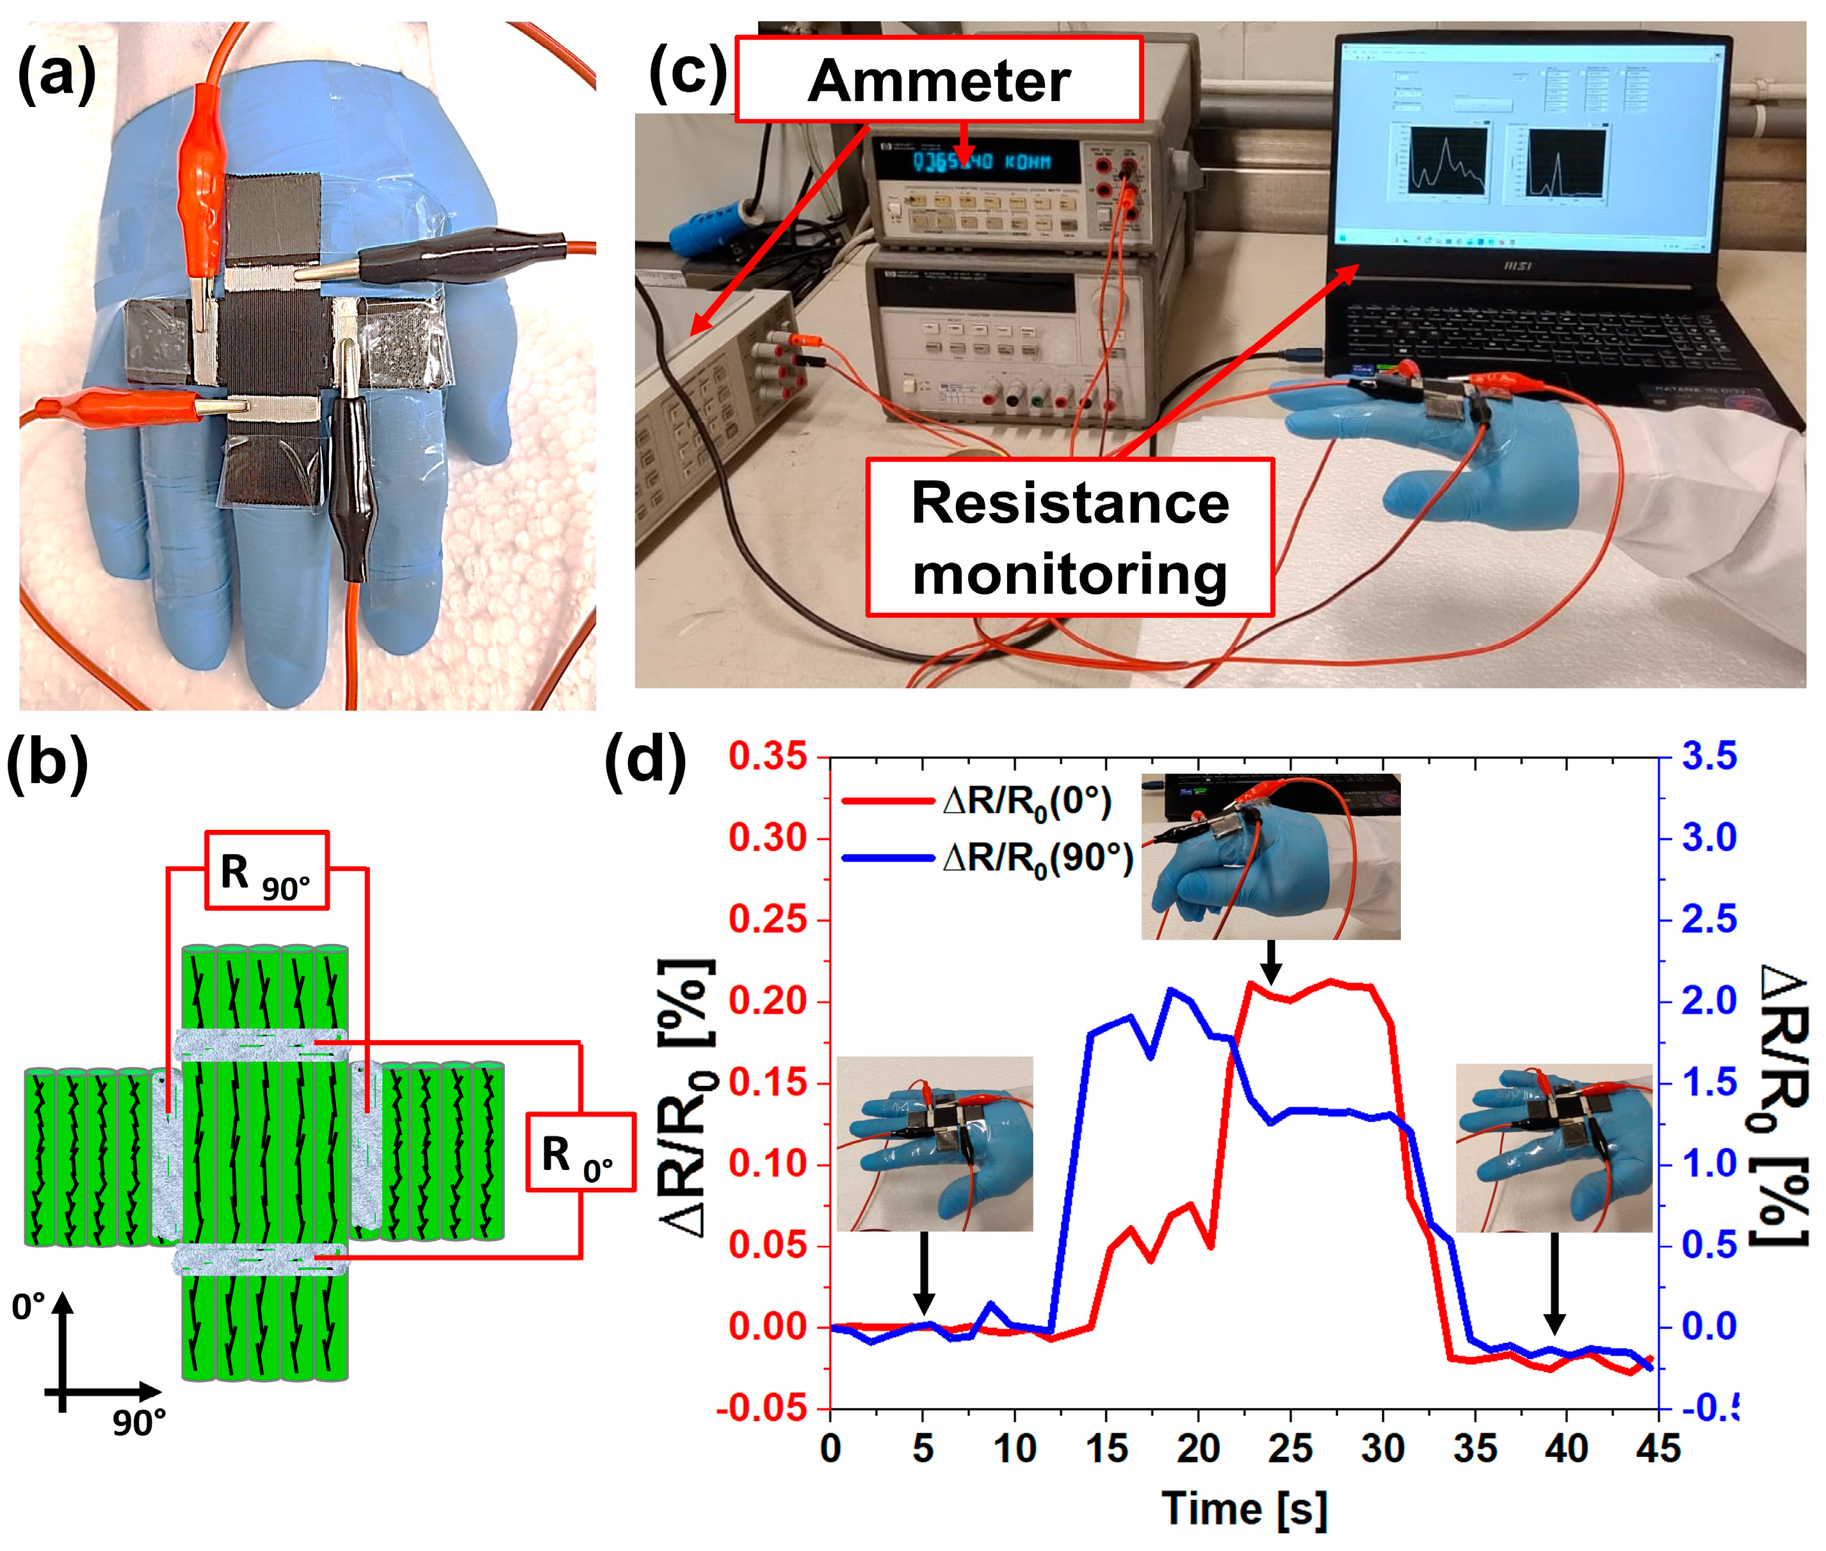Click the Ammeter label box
pyautogui.click(x=937, y=79)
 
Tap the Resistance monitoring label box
pyautogui.click(x=1069, y=537)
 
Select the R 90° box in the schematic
pyautogui.click(x=266, y=870)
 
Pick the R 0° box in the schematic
pyautogui.click(x=579, y=1153)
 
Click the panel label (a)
pyautogui.click(x=56, y=75)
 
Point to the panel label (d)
pyautogui.click(x=645, y=759)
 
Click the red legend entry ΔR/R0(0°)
pyautogui.click(x=976, y=802)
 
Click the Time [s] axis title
pyautogui.click(x=1243, y=1509)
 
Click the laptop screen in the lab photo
pyautogui.click(x=1527, y=147)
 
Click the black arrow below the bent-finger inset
pyautogui.click(x=1270, y=962)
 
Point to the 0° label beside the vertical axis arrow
pyautogui.click(x=28, y=1308)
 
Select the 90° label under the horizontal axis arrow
pyautogui.click(x=139, y=1422)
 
